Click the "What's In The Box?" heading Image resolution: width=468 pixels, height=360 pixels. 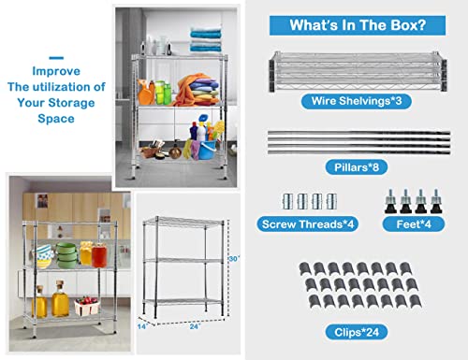(x=358, y=25)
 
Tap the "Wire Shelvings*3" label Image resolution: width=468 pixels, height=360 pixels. (x=357, y=101)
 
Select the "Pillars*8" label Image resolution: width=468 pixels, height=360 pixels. (x=357, y=167)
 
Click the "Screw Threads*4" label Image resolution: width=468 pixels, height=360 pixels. (x=308, y=224)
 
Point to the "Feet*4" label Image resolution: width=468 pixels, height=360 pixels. (x=414, y=224)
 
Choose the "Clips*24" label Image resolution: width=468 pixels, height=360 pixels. (x=357, y=332)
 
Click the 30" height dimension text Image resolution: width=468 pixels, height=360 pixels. (x=234, y=259)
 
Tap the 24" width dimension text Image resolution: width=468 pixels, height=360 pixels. (x=195, y=326)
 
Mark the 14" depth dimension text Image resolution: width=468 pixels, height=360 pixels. (x=142, y=326)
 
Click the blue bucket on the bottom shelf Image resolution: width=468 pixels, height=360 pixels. (x=207, y=150)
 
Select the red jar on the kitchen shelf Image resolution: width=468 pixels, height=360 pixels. (x=99, y=255)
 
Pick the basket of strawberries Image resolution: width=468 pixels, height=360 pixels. (x=87, y=306)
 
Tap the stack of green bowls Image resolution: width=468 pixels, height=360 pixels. (x=66, y=255)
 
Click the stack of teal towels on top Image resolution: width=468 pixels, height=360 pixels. (x=206, y=39)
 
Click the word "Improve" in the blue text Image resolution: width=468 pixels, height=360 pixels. (x=56, y=71)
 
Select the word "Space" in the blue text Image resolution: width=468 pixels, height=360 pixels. (x=56, y=119)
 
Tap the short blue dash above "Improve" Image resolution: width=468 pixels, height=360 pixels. (x=56, y=58)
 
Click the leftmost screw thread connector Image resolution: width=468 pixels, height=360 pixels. (x=287, y=201)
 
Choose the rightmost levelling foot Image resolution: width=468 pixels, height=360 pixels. (x=436, y=201)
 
